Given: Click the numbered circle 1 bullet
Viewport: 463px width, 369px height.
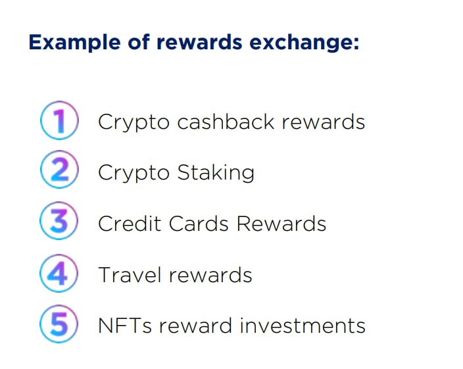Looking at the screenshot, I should [59, 122].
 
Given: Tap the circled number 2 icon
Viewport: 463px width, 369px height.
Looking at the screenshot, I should [59, 172].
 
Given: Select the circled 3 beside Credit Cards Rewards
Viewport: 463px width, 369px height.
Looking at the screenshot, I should [59, 223].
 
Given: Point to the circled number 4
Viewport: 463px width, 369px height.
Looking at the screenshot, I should [59, 274].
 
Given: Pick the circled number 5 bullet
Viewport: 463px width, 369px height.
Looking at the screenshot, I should [59, 324].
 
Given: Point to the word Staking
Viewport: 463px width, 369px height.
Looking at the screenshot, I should [216, 173].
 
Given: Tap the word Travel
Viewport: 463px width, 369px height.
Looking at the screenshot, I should [124, 274].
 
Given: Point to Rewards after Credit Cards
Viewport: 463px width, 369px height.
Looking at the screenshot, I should [281, 224].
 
